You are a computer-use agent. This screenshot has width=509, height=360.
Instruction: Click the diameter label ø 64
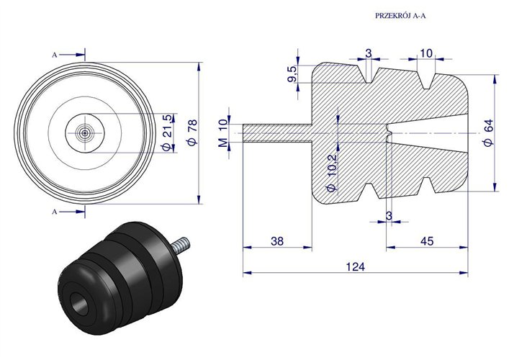[x=489, y=134]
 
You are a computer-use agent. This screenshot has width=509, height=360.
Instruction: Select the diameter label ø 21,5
[x=167, y=132]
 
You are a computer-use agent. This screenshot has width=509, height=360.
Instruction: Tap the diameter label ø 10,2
[x=330, y=174]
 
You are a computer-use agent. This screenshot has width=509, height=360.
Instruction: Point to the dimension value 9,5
[x=292, y=73]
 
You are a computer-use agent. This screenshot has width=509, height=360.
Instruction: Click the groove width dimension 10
[x=426, y=53]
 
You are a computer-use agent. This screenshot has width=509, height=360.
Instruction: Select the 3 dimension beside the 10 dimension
[x=368, y=53]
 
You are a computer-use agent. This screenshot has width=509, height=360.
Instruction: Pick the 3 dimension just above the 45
[x=388, y=215]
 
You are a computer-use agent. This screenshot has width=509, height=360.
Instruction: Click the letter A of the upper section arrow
[x=55, y=54]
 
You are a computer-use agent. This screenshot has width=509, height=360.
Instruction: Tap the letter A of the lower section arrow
[x=55, y=212]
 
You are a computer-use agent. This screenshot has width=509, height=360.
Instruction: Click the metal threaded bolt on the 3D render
[x=181, y=246]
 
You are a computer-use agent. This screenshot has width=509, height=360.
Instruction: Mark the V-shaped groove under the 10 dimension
[x=430, y=80]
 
